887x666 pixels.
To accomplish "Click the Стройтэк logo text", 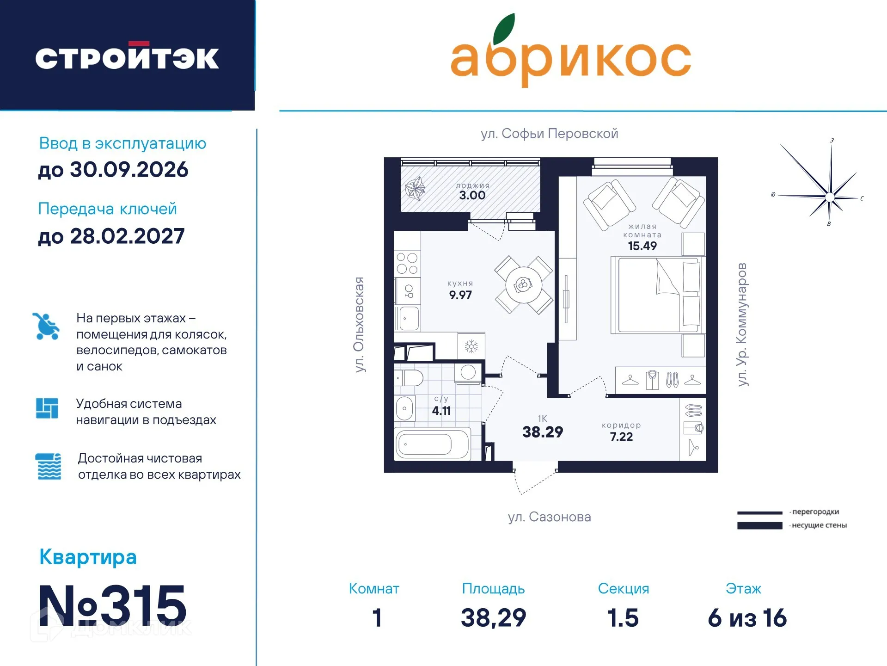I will coord(127,58).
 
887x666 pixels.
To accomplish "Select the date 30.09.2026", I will coord(128,170).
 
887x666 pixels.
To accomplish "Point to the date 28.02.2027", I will coord(127,236).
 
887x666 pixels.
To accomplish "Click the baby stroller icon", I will coord(46,327).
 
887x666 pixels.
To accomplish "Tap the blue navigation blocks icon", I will coord(47,408).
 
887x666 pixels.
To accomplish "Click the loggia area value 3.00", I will coord(472,196).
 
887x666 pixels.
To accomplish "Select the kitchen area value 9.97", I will coord(460,295).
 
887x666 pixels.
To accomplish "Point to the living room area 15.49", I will coord(642,246).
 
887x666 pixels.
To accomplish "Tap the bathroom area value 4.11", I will coord(441,411).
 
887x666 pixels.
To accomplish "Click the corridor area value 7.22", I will coord(621,437).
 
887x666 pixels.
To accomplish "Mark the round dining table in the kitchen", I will coord(523,285).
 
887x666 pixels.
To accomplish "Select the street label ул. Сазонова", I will coord(549,517).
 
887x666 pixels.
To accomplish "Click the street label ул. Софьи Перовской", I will coord(549,134).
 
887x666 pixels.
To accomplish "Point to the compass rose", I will coord(829,197).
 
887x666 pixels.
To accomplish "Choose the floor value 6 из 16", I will coord(746,618).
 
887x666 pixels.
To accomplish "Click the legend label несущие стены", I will coord(819,525).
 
